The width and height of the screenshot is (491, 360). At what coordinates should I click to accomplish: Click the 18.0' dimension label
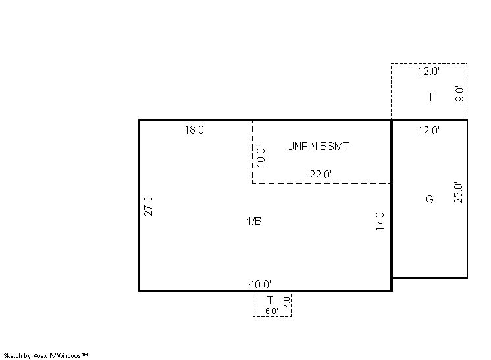195,130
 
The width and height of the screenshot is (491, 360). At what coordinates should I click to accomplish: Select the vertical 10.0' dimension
261,157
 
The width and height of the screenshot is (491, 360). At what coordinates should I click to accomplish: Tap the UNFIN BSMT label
317,146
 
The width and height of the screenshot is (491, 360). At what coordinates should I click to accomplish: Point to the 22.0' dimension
321,174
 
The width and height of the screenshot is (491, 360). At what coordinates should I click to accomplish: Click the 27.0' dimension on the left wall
149,205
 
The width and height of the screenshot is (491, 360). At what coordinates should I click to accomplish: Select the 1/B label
254,221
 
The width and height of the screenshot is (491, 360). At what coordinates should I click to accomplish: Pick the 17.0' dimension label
380,220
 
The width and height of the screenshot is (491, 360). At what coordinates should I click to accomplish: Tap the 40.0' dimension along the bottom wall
259,284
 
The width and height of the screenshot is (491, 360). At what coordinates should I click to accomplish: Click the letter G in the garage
430,199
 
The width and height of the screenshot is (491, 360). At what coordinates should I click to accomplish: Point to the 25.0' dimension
458,193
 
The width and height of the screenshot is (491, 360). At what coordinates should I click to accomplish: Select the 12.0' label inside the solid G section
428,130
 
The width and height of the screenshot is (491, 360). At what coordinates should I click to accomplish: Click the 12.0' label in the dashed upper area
428,71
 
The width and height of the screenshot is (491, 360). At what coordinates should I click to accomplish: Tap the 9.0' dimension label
459,93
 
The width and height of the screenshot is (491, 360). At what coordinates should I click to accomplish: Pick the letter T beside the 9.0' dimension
431,97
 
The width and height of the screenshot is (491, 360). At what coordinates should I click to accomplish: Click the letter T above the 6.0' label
270,300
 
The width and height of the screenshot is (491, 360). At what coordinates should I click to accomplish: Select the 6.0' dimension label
271,311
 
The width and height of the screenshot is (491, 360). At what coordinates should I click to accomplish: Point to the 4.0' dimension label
287,301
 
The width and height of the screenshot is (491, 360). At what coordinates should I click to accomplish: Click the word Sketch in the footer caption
13,356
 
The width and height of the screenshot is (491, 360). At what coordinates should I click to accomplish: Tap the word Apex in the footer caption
40,356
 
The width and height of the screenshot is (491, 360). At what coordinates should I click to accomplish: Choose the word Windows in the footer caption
69,355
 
